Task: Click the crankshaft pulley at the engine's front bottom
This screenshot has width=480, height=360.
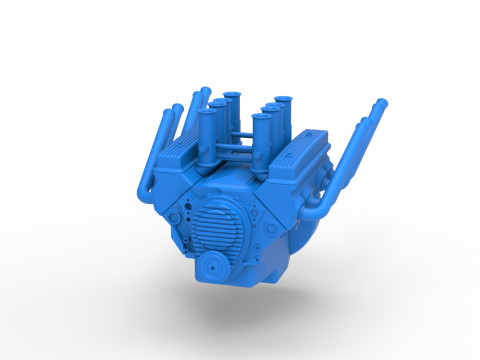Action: [211, 268]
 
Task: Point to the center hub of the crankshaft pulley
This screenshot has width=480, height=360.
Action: [211, 268]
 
